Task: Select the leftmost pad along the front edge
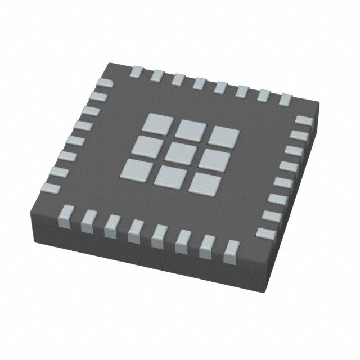(x=65, y=212)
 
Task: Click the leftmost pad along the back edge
(x=137, y=71)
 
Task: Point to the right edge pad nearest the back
(x=303, y=120)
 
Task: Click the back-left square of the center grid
(x=156, y=121)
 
